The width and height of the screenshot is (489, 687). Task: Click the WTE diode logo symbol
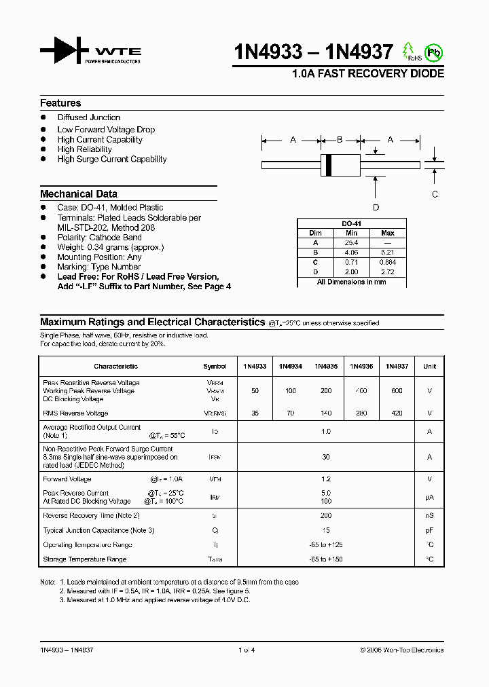point(63,51)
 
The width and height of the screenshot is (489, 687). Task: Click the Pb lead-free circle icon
point(432,52)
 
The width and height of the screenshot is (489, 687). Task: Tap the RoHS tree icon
point(409,51)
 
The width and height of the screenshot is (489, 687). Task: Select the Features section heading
point(60,103)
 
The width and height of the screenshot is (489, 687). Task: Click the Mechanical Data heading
point(78,193)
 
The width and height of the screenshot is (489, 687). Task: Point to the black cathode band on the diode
point(329,164)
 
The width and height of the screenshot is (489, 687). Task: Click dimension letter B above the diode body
point(340,140)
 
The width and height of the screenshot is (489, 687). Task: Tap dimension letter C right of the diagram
point(435,193)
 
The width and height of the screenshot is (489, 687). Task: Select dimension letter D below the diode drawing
point(376,207)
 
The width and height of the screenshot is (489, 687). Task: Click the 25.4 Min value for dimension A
point(351,242)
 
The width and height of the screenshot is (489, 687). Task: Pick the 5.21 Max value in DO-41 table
point(388,252)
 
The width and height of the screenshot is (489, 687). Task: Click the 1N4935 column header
point(326,367)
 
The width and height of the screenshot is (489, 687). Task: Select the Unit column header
point(429,367)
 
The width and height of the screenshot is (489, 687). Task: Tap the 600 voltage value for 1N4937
point(397,391)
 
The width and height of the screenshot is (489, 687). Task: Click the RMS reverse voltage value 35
point(255,413)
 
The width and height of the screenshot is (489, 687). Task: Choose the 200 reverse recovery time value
point(326,516)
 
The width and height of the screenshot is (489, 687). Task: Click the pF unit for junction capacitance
point(429,530)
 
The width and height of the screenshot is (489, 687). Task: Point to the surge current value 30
point(326,457)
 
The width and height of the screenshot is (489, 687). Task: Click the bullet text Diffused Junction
point(88,117)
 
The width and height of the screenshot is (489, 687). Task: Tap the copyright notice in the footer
point(401,650)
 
